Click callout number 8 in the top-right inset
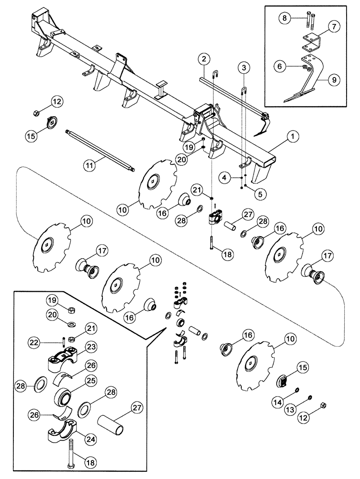(x=284, y=19)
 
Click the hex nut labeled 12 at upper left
(x=36, y=114)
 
